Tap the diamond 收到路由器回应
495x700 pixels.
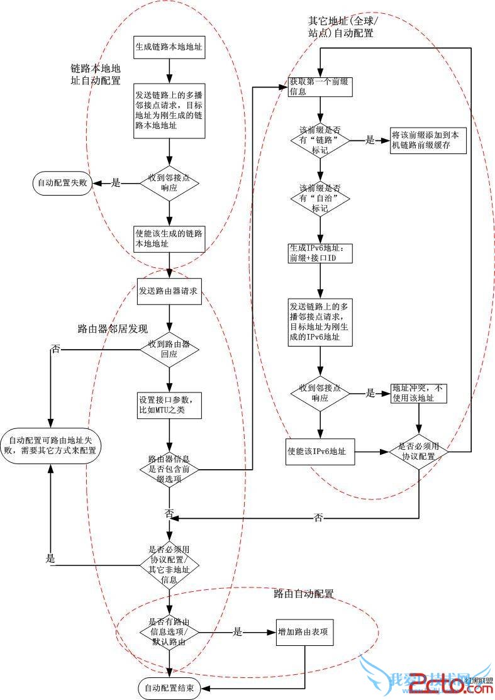[x=169, y=348]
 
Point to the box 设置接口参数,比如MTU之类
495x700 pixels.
[x=169, y=406]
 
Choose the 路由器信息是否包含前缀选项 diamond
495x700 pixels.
[x=169, y=467]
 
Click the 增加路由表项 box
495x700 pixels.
[x=304, y=632]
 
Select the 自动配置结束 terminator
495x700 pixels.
[x=169, y=688]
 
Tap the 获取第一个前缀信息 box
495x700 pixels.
[x=320, y=86]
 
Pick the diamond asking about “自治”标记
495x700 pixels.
[x=320, y=197]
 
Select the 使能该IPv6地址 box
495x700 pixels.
[x=320, y=452]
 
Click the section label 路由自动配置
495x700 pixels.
[x=303, y=593]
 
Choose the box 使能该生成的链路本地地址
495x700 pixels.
[x=169, y=236]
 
